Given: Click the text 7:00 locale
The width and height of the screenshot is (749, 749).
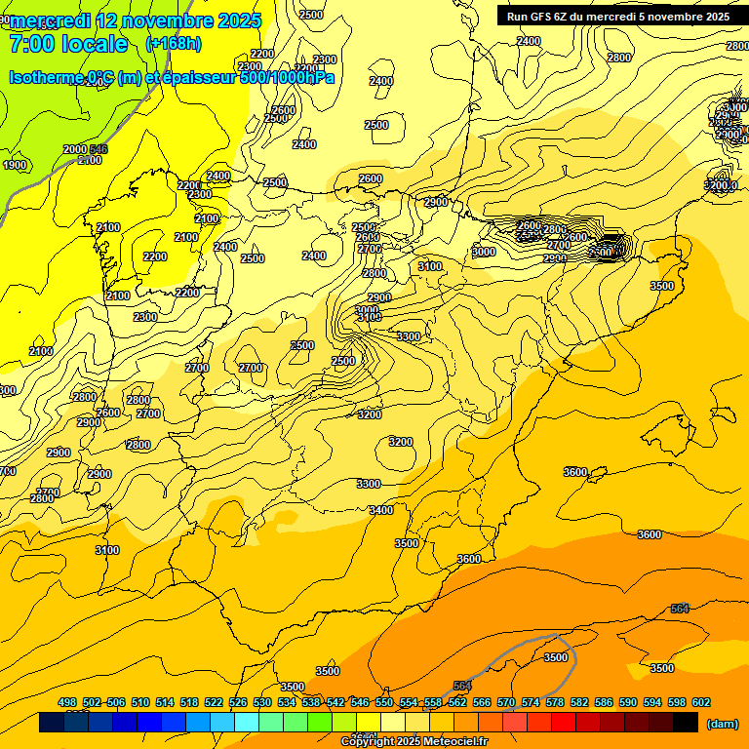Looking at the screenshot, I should coord(68,44).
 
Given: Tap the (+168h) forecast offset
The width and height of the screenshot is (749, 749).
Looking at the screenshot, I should coord(174,44).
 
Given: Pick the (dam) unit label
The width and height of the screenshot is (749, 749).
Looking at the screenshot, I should coord(722,723).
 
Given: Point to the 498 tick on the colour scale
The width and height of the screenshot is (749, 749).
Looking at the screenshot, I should coord(67,702).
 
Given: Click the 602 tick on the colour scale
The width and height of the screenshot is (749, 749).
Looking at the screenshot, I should coord(701,702).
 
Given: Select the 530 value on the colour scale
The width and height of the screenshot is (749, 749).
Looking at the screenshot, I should coord(262,702).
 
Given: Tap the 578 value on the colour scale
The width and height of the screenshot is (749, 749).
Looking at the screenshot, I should coord(555,702).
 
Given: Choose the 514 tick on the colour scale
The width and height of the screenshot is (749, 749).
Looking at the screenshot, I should coord(165,702).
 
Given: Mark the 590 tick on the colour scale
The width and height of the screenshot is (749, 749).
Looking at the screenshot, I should coord(628,702).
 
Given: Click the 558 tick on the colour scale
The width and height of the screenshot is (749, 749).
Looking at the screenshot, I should coord(433,702).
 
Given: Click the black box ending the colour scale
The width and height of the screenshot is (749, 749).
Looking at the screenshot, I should coord(686,723).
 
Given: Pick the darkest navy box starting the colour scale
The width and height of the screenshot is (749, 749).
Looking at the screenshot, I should coord(52,723).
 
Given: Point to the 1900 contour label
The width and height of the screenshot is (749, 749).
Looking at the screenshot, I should coord(15,165).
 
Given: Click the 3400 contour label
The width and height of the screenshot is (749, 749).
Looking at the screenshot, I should coord(381,510).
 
